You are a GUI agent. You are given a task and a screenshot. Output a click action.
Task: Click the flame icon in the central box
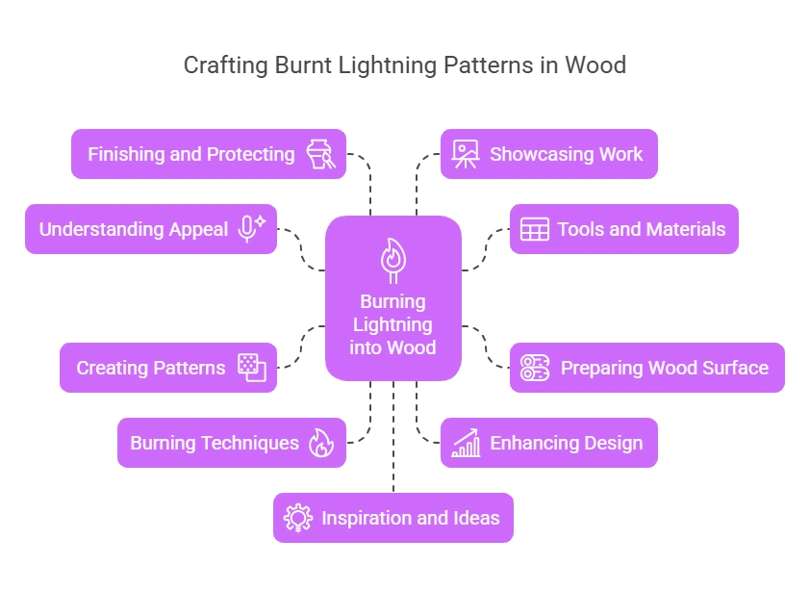[x=392, y=258]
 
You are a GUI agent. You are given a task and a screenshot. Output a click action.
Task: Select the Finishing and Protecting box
[x=208, y=154]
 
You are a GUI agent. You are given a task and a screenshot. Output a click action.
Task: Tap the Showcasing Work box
[x=548, y=154]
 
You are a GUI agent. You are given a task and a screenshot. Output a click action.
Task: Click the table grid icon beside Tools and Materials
[x=534, y=229]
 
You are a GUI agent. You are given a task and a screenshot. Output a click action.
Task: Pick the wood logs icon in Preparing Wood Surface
[x=534, y=368]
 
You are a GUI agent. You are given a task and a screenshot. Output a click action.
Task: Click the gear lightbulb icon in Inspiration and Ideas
[x=297, y=518]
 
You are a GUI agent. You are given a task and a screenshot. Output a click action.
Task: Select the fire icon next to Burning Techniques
[x=320, y=443]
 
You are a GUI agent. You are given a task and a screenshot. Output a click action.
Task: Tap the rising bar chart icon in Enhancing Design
[x=466, y=443]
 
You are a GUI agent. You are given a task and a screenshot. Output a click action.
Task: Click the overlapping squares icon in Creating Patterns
[x=252, y=368]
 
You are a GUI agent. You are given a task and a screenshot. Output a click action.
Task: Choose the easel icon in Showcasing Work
[x=466, y=154]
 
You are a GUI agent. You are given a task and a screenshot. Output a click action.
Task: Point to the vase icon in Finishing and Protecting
[x=320, y=154]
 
